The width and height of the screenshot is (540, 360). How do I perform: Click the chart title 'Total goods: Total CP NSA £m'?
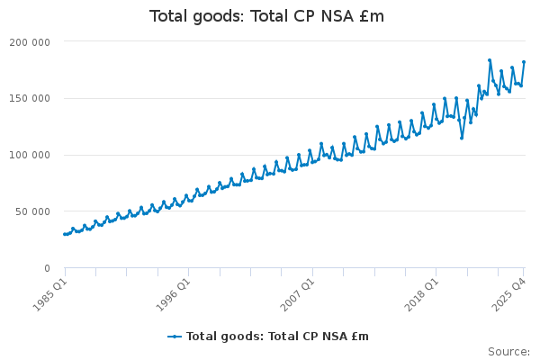click(266, 16)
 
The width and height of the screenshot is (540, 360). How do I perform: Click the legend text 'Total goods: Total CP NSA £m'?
click(277, 337)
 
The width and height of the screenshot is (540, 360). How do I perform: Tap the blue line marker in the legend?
click(175, 337)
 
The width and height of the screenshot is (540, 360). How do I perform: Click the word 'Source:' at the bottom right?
click(508, 351)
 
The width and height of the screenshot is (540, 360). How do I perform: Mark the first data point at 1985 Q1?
click(65, 234)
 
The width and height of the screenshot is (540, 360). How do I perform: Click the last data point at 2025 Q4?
click(524, 62)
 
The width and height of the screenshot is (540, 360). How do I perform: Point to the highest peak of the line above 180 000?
click(490, 60)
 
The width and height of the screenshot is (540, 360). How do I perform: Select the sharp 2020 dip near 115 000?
click(462, 138)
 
